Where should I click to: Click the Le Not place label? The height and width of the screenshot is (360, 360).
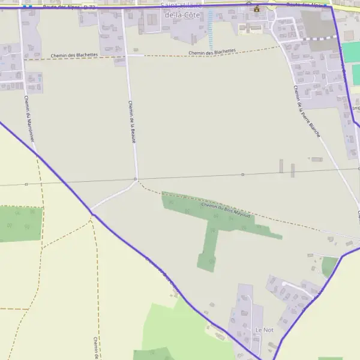pyautogui.click(x=265, y=330)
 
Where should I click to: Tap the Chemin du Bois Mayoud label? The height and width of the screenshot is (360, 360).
pyautogui.click(x=225, y=210)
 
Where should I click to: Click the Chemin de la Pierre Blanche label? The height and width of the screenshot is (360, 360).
pyautogui.click(x=307, y=111)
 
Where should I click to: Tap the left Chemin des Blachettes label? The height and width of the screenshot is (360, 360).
pyautogui.click(x=79, y=55)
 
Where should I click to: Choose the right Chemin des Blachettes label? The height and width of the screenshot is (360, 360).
pyautogui.click(x=212, y=53)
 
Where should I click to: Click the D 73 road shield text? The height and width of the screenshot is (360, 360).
pyautogui.click(x=89, y=7)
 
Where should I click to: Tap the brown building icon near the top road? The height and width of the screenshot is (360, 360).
pyautogui.click(x=257, y=8)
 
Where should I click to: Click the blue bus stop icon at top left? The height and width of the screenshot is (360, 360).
pyautogui.click(x=27, y=7)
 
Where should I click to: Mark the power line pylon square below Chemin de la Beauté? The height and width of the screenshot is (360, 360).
pyautogui.click(x=136, y=179)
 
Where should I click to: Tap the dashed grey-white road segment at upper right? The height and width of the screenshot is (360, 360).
pyautogui.click(x=318, y=38)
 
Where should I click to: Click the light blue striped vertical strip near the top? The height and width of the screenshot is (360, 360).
pyautogui.click(x=210, y=30)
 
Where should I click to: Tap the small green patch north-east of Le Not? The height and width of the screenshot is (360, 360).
pyautogui.click(x=329, y=266)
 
